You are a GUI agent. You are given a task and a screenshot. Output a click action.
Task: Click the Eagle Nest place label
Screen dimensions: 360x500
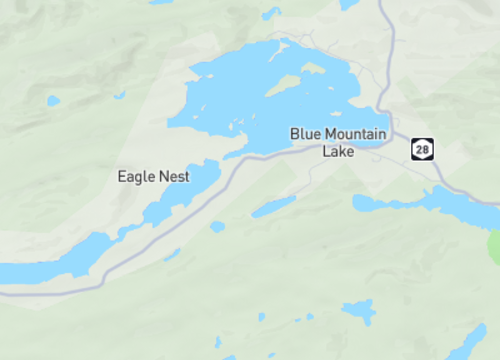[x=153, y=176]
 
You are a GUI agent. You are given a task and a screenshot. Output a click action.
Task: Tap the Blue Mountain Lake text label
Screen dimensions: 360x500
[x=338, y=142]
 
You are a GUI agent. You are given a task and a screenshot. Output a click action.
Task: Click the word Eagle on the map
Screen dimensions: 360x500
[x=135, y=176]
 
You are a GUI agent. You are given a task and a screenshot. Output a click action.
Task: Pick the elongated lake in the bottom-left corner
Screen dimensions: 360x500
[x=50, y=260]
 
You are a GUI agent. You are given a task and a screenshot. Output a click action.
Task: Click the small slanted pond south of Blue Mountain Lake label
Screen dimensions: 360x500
[x=273, y=207]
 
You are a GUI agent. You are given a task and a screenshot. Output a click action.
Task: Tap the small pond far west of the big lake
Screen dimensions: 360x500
[x=52, y=100]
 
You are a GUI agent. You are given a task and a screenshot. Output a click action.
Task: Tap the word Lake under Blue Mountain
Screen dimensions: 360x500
[x=338, y=152]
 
